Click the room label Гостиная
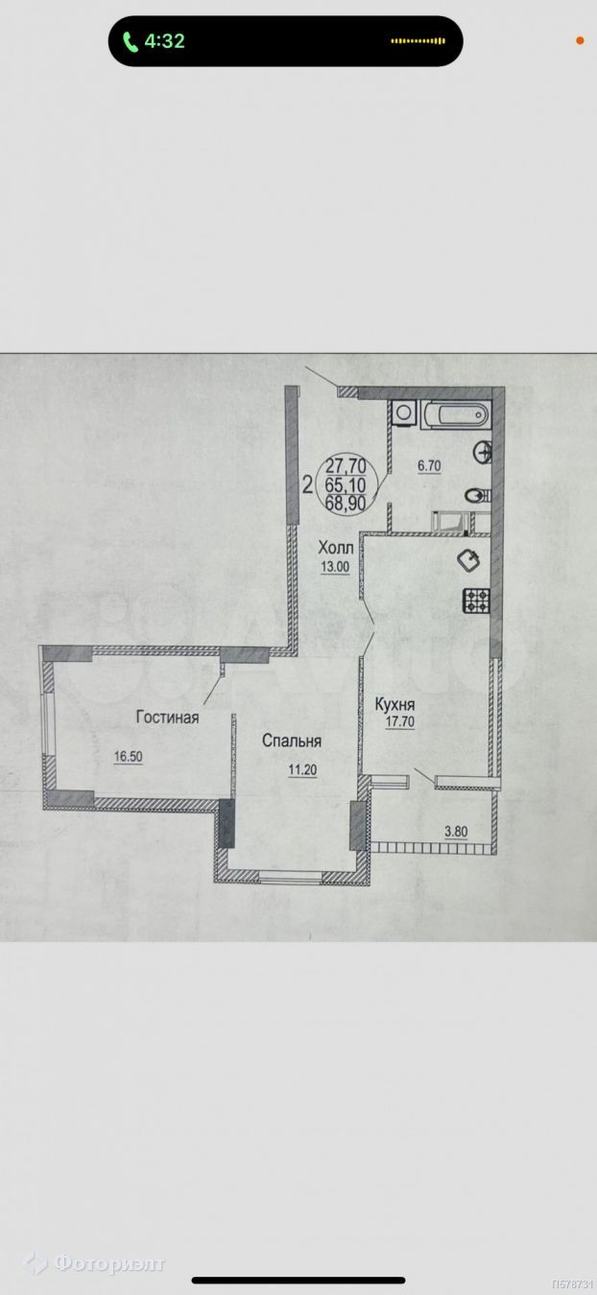[168, 718]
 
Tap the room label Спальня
[292, 742]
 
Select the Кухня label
[395, 705]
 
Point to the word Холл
[336, 547]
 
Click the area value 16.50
[129, 757]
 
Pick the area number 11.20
[302, 770]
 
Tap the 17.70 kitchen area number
[400, 721]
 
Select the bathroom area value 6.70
[429, 466]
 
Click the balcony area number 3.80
[456, 832]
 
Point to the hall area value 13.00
[336, 567]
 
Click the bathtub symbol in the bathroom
[455, 414]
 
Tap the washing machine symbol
[404, 414]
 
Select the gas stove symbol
[475, 600]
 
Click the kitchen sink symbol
[469, 560]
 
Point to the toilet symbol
[478, 496]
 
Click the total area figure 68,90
[346, 503]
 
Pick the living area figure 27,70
[346, 465]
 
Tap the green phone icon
[131, 41]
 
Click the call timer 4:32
[164, 41]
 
